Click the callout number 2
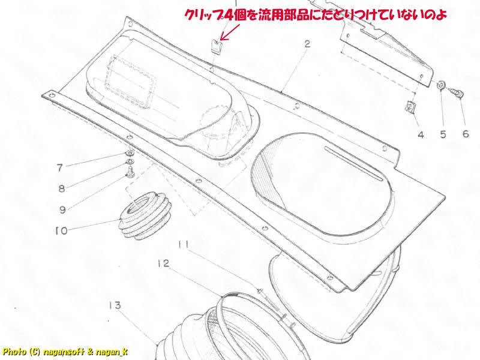click(x=307, y=45)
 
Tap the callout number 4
click(x=421, y=134)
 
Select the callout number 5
click(x=443, y=134)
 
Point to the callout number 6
click(x=465, y=134)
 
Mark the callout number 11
click(x=184, y=244)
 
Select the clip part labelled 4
click(x=410, y=109)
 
